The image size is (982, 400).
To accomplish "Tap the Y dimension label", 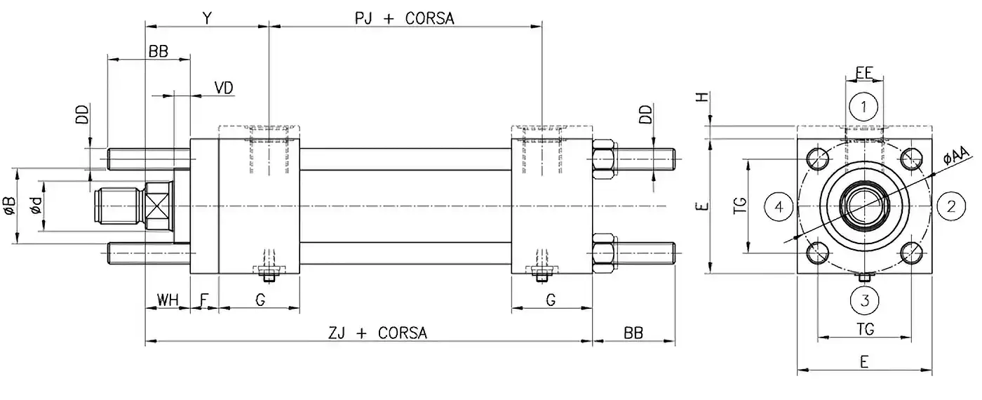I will click(x=206, y=18).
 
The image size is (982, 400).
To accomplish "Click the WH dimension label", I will click(x=167, y=300).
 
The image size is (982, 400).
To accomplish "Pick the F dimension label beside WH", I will click(x=204, y=300).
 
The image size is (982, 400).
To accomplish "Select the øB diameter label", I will click(x=9, y=206).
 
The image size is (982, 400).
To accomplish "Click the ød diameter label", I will click(x=36, y=206).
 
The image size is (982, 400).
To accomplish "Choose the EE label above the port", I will click(x=864, y=72).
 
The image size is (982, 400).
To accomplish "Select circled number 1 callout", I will click(x=864, y=107).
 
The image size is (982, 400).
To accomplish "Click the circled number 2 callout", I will click(x=951, y=206).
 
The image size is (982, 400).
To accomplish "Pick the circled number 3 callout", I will click(x=864, y=300).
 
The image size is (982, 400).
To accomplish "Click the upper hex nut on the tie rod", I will click(x=605, y=159).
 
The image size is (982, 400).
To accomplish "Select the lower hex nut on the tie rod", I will click(x=605, y=253).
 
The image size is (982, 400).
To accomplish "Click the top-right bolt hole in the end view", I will click(x=911, y=159).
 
